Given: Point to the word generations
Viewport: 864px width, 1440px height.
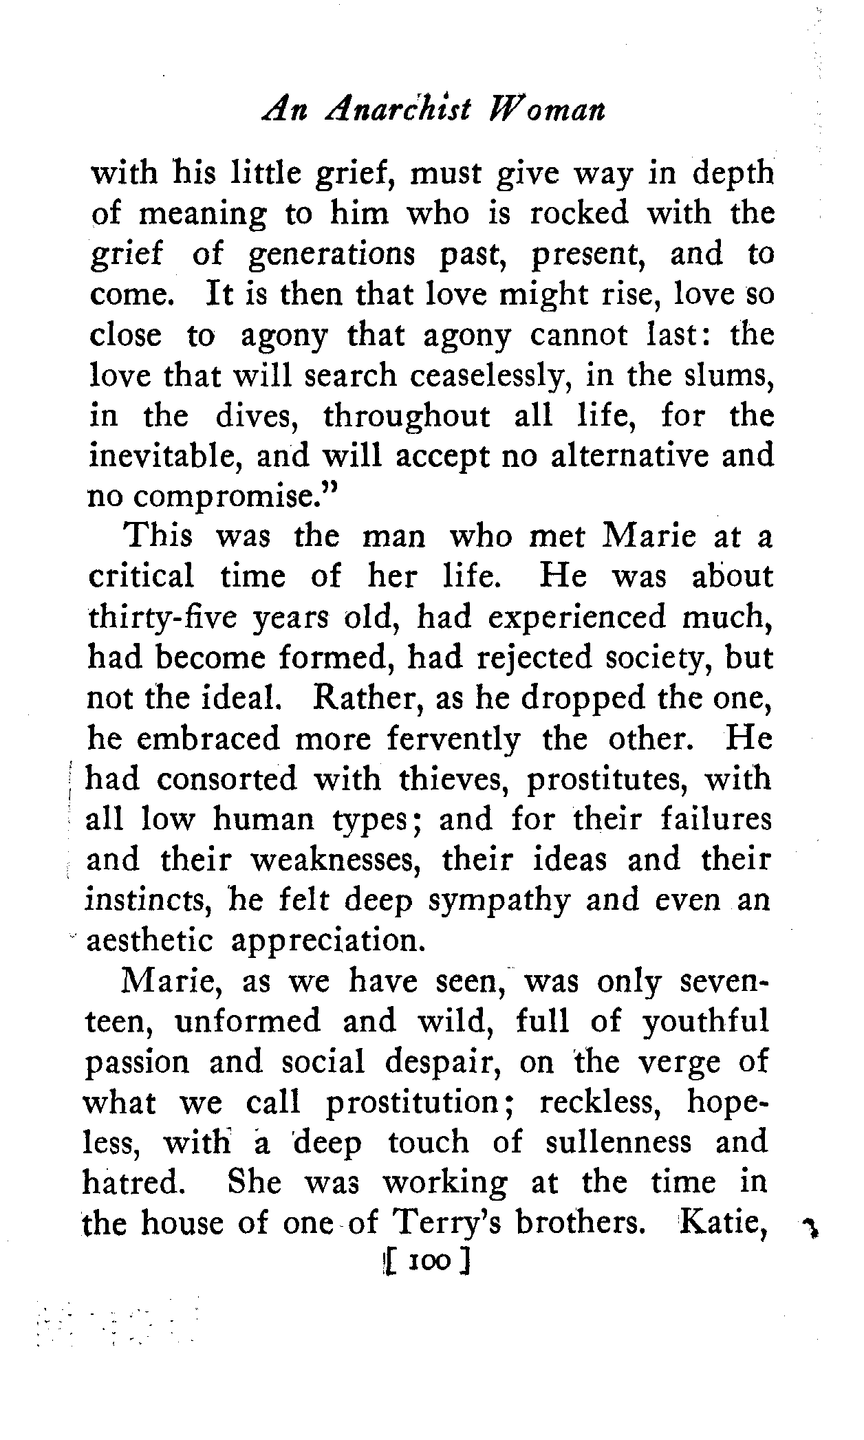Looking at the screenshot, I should (331, 255).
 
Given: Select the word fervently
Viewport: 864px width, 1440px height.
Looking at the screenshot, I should (453, 739).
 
